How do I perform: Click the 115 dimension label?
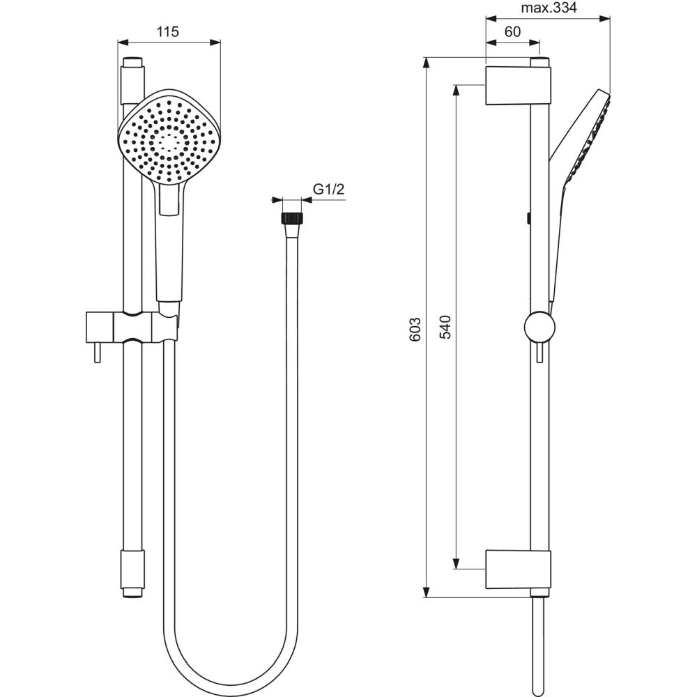168,31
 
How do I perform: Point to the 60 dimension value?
512,31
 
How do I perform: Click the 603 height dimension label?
415,328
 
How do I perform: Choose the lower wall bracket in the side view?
517,569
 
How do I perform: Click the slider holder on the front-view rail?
132,326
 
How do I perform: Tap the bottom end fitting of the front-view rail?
132,572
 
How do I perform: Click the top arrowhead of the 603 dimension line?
427,62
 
